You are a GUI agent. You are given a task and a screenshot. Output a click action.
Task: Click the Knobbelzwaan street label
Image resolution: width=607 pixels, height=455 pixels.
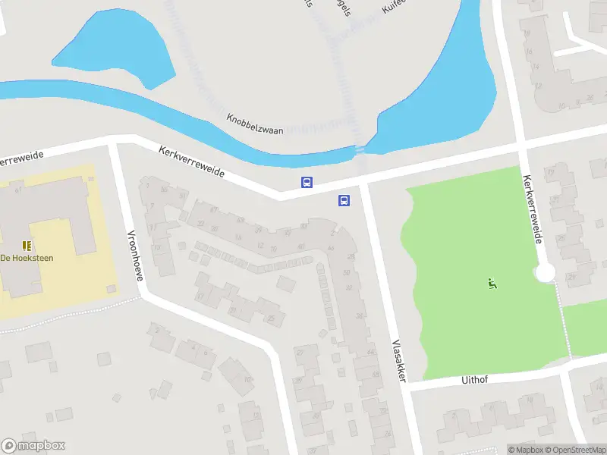(255, 125)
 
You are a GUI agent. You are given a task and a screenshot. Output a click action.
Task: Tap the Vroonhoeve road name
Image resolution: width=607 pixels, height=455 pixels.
(135, 255)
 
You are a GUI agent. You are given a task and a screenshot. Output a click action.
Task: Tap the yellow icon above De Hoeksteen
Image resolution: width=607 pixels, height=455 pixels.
(27, 245)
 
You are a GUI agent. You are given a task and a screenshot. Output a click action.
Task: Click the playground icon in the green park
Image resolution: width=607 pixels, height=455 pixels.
(492, 284)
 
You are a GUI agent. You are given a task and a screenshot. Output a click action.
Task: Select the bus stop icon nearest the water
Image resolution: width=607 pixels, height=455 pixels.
(307, 182)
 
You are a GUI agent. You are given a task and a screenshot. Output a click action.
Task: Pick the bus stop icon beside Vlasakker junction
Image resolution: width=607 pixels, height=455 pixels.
(344, 200)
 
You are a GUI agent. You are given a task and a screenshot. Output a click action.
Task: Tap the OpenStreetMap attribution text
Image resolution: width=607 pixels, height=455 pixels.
(579, 450)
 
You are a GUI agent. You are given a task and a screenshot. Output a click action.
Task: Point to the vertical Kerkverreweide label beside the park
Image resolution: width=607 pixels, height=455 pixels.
(531, 209)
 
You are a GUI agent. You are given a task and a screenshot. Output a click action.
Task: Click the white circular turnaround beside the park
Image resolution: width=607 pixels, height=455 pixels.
(544, 273)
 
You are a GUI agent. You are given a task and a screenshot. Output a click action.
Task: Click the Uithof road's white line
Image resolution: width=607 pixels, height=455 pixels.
(516, 372)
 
